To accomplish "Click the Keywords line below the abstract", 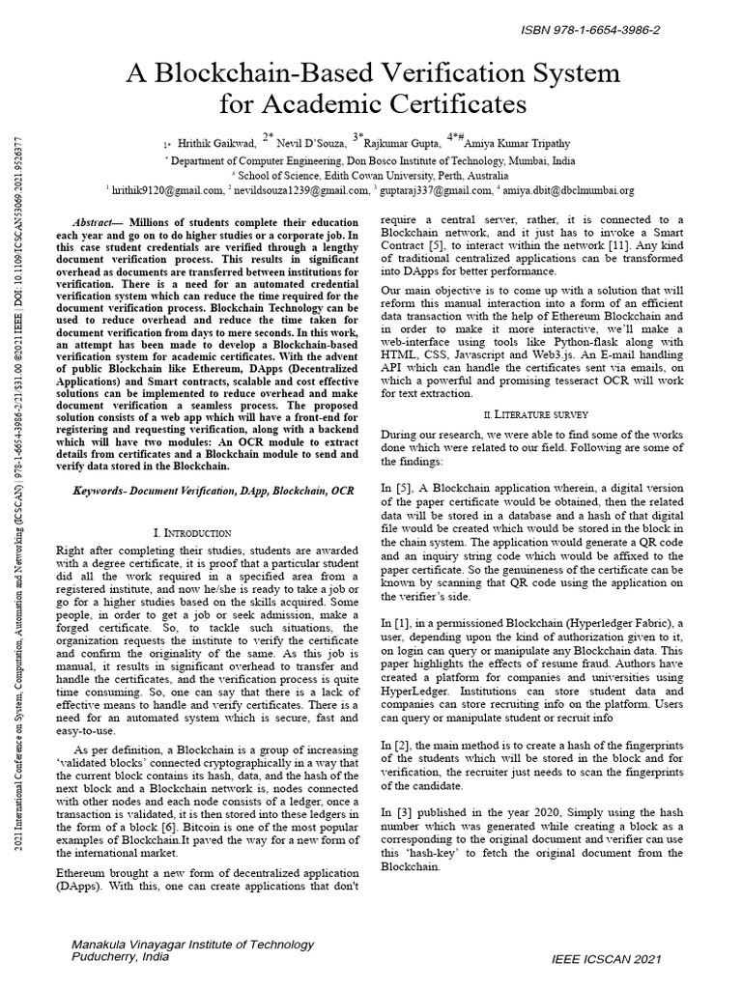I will (x=214, y=492).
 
